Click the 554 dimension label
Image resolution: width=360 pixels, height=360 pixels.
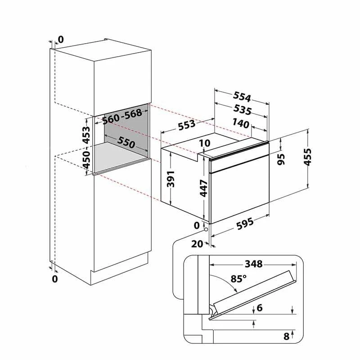click(242, 97)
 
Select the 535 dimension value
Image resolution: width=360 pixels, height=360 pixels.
click(243, 109)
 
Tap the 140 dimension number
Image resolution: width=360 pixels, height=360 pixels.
click(241, 123)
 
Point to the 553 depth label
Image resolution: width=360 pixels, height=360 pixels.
click(186, 125)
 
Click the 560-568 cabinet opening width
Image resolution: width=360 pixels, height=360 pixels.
click(122, 116)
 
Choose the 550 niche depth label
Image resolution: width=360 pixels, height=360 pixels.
click(126, 142)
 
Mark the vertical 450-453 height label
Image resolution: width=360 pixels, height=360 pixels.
click(86, 148)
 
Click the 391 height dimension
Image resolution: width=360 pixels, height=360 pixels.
click(171, 179)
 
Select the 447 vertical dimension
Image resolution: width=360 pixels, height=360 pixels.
click(203, 189)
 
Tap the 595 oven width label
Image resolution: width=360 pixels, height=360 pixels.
click(245, 223)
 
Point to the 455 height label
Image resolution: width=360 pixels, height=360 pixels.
click(307, 157)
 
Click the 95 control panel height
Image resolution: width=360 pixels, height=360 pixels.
click(281, 159)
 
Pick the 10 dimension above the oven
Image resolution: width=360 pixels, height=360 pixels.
click(205, 143)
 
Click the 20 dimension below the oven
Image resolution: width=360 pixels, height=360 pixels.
click(197, 244)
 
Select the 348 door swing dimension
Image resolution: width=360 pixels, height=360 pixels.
click(253, 264)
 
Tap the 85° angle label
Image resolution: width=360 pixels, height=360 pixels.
click(238, 279)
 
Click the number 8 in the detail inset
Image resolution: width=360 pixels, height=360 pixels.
click(286, 336)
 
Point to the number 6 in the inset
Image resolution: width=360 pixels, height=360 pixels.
click(260, 308)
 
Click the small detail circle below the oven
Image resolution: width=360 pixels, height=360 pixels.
click(206, 229)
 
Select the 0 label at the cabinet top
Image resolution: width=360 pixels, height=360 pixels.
click(61, 40)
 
